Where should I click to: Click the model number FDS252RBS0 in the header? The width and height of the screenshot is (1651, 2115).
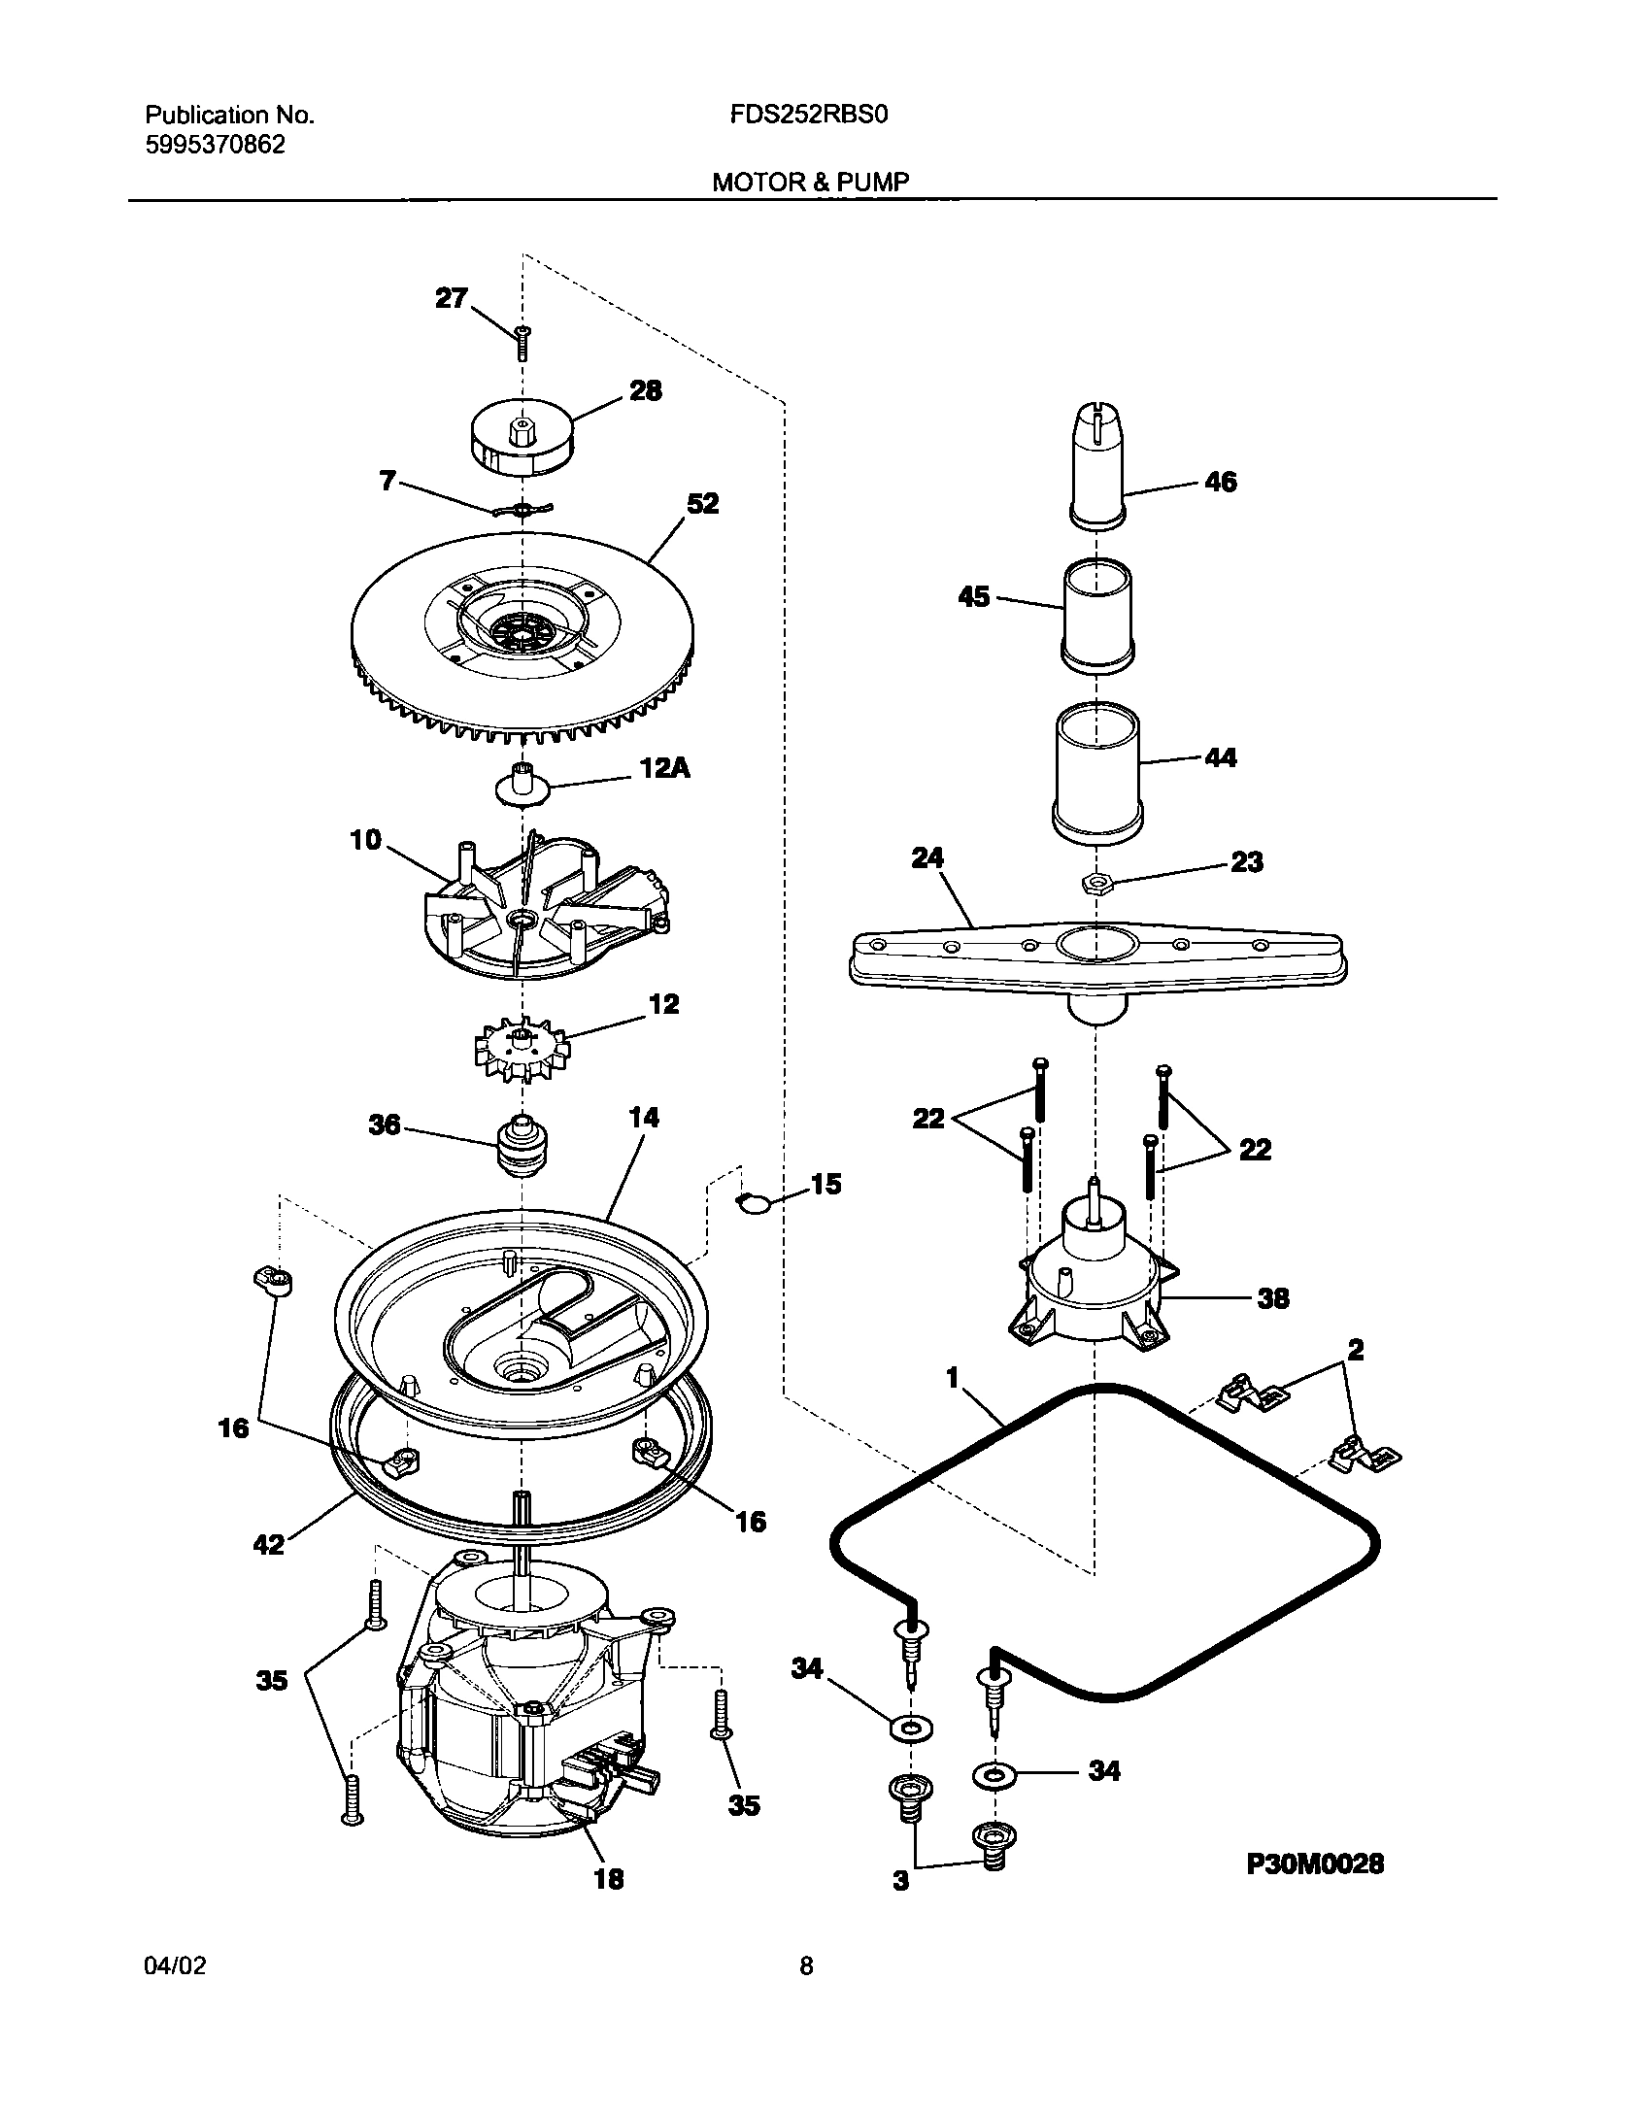(x=809, y=116)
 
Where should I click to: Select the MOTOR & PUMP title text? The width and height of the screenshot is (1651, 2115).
(x=811, y=182)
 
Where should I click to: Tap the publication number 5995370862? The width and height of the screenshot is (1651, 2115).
(x=216, y=146)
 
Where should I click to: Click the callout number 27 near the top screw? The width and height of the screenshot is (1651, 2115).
(x=451, y=298)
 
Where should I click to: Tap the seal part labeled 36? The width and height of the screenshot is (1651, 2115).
(x=522, y=1146)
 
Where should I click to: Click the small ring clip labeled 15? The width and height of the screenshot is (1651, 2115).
(x=755, y=1203)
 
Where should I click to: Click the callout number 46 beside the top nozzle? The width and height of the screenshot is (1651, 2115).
(x=1221, y=482)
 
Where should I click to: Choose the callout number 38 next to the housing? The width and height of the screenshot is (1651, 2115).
(x=1272, y=1298)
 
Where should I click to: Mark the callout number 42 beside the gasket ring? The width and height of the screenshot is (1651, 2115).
(x=268, y=1543)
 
